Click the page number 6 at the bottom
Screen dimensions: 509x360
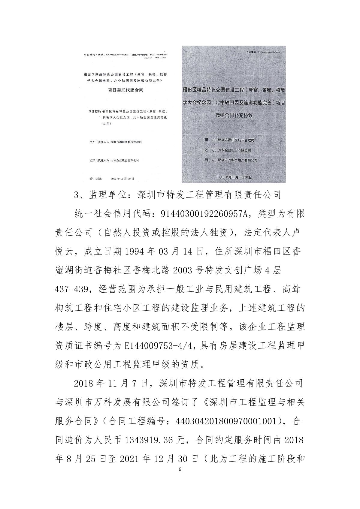click(180, 478)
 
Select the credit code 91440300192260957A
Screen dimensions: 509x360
click(204, 214)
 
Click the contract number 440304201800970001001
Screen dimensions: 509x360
click(222, 421)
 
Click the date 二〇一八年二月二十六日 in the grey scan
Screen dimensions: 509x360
click(234, 177)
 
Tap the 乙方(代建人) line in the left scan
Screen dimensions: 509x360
click(114, 160)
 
